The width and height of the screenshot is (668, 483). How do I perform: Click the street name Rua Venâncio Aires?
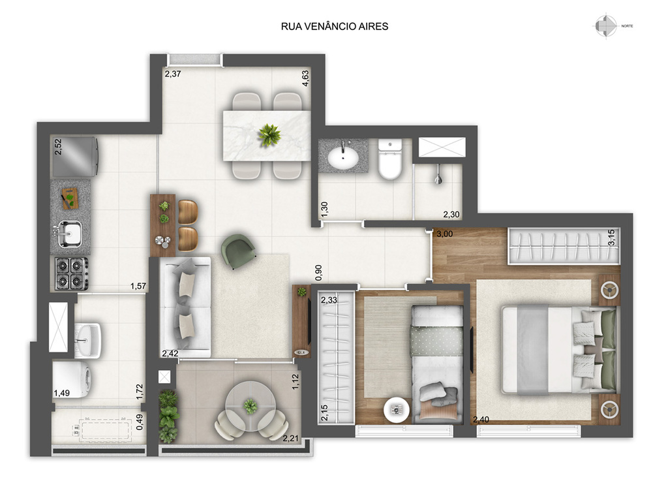335,26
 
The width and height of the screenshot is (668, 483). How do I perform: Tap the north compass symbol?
606,26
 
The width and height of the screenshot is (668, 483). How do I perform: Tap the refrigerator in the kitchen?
76,157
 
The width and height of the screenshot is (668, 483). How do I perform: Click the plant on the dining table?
269,134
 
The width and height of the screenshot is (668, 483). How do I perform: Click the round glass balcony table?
250,406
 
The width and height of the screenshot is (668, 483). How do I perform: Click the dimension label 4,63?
305,78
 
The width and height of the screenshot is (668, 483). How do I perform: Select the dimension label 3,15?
611,238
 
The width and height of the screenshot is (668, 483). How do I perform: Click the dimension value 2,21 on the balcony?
290,438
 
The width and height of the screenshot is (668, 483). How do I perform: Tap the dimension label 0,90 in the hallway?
318,272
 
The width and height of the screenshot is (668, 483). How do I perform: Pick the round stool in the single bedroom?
397,409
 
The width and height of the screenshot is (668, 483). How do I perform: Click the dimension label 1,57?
138,286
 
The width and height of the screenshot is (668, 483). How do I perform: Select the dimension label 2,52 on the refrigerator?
58,147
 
